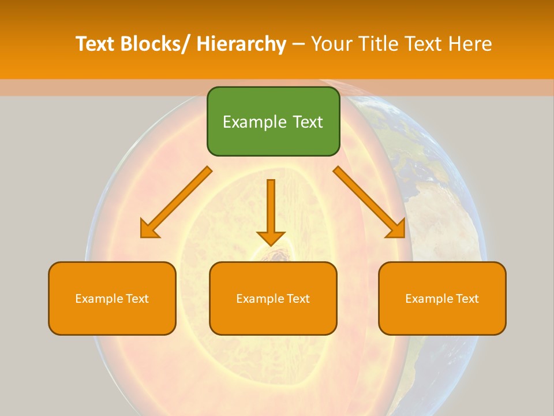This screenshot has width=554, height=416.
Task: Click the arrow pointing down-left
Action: point(176,202)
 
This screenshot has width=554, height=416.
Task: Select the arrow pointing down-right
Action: point(369,202)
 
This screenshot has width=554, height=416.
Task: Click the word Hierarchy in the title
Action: point(241,44)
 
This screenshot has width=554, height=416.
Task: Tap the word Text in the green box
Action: point(306,122)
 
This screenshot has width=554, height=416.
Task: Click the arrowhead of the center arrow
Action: point(271,238)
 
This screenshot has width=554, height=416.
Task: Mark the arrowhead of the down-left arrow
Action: point(148,230)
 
